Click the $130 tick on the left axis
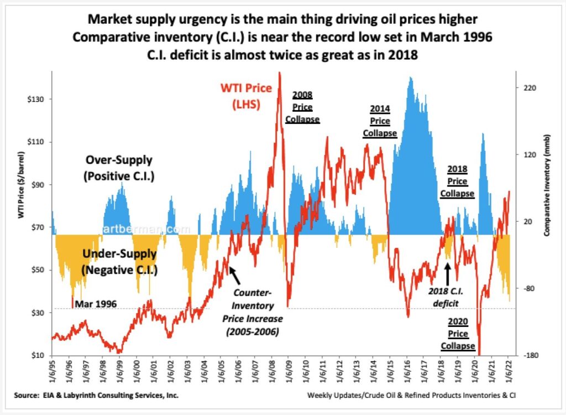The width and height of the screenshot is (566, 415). coord(35,99)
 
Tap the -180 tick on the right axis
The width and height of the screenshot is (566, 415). coord(529,355)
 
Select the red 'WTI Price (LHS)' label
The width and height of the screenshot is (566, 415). coord(246,96)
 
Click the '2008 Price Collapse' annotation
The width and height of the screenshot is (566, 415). coord(302,107)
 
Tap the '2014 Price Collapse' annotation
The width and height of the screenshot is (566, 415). coord(380,121)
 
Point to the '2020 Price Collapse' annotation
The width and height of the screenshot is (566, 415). coord(458,334)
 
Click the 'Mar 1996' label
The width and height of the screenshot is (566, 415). coord(96,304)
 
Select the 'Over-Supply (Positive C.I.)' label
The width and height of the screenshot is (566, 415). coord(119,168)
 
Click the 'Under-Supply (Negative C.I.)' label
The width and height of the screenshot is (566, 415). coord(119,262)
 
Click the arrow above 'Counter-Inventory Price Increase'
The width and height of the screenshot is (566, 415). coord(234,276)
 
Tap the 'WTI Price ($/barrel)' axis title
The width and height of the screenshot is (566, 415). coord(21,185)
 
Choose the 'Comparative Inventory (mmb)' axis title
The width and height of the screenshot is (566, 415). coord(547,185)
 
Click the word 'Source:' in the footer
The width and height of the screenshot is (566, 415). coord(27,396)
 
